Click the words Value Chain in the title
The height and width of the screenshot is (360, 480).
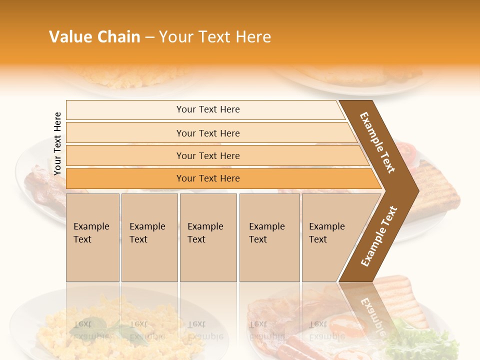tap(94, 37)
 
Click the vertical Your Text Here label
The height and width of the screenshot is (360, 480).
tap(58, 143)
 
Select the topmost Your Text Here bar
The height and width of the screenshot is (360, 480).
tap(207, 109)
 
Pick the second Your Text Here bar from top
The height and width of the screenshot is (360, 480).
tap(207, 133)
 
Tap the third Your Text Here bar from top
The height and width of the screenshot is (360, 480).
tap(207, 155)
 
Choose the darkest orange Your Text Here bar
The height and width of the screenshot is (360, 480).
tap(207, 178)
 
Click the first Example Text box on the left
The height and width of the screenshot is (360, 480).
tap(92, 237)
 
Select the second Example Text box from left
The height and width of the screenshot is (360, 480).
tap(149, 237)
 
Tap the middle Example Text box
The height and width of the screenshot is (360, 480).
tap(207, 237)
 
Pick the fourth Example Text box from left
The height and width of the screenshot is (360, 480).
tap(269, 237)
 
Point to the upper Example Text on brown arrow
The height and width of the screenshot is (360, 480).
tap(377, 142)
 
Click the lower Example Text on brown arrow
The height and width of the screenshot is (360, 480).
tap(379, 236)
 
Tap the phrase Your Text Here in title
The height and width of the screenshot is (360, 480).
tap(215, 37)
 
